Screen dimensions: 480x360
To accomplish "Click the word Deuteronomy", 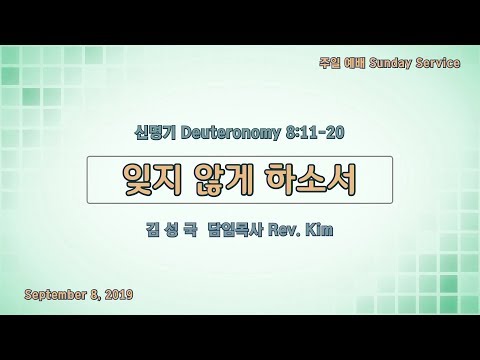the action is coord(231,133).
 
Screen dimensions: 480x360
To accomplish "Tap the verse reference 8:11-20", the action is coord(315,133).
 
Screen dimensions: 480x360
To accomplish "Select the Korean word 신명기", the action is coord(155,133).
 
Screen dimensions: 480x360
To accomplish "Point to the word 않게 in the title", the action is coord(223,180).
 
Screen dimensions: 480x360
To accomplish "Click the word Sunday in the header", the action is coord(390,63).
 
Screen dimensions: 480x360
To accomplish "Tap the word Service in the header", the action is coord(438,63).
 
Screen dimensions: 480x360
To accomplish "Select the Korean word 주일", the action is coord(329,63).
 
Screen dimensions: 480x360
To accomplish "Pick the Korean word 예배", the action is coord(355,63).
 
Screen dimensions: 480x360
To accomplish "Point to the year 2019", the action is coord(119,295).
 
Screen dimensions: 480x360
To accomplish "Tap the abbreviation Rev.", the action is coord(283,230).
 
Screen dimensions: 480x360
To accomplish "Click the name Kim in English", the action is coord(319,230).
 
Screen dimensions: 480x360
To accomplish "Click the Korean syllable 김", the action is coord(153,230).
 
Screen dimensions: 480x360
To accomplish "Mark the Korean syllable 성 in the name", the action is coord(171,230).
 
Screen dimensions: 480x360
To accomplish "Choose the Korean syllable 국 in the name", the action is coord(190,230).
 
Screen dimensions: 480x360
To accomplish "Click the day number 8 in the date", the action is coord(94,295).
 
